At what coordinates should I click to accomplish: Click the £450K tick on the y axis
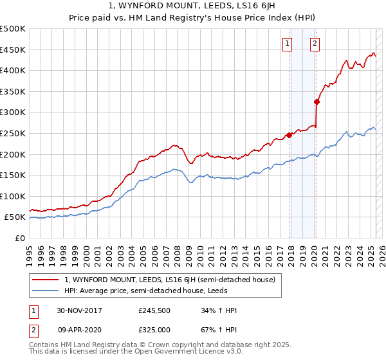pyautogui.click(x=14, y=50)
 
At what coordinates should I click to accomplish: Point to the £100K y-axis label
pyautogui.click(x=14, y=196)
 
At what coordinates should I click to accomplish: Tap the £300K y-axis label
pyautogui.click(x=14, y=113)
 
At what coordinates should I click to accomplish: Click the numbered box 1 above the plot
pyautogui.click(x=286, y=44)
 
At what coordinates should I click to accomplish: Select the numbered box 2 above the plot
pyautogui.click(x=315, y=44)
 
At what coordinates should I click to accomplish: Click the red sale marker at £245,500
pyautogui.click(x=289, y=135)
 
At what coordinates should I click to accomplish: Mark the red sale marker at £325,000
pyautogui.click(x=317, y=102)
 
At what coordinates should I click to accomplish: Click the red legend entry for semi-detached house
pyautogui.click(x=170, y=280)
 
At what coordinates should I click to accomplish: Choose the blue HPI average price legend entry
pyautogui.click(x=154, y=290)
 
